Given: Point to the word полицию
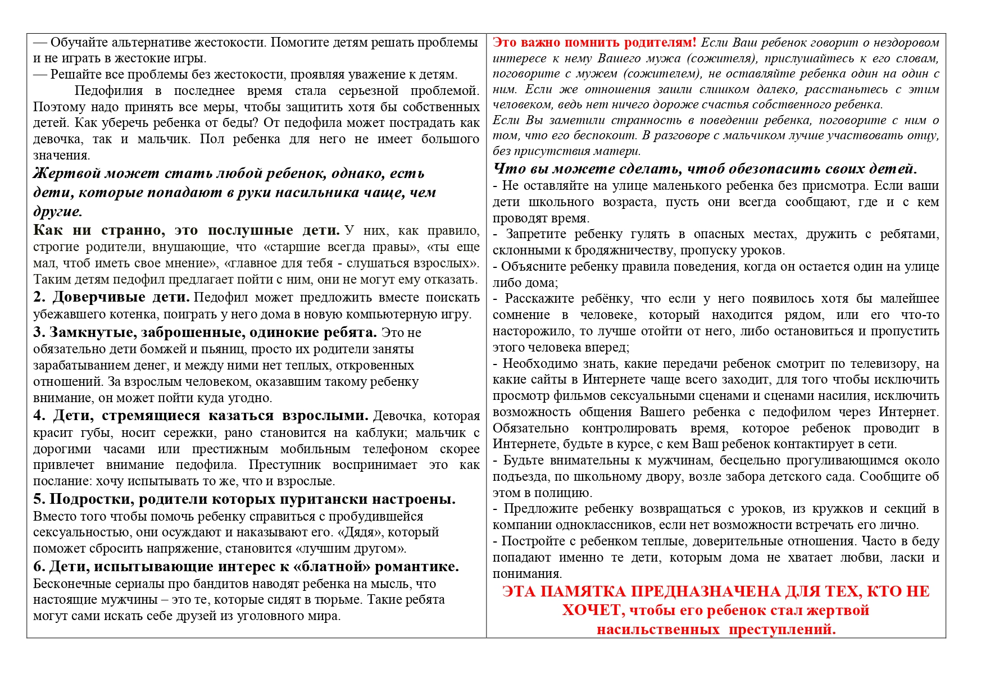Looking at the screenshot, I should coord(565,493).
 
